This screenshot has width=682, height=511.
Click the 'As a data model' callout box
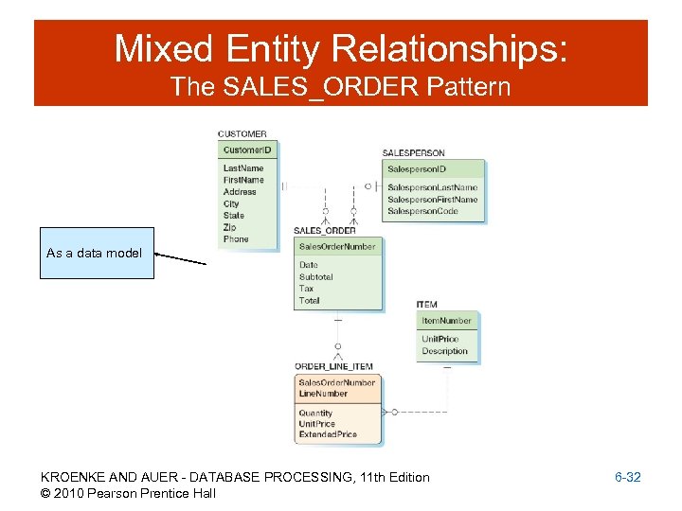click(x=96, y=253)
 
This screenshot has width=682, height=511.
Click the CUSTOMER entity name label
click(x=242, y=134)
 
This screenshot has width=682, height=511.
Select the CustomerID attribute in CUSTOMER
click(x=247, y=150)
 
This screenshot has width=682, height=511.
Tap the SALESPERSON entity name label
click(x=413, y=153)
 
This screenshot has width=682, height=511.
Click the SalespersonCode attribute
click(x=423, y=211)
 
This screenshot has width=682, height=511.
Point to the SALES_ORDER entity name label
click(x=325, y=231)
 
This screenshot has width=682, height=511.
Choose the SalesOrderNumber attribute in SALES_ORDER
click(x=337, y=246)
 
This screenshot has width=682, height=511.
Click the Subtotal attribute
click(x=315, y=277)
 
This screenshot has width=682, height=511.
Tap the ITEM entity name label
click(x=427, y=305)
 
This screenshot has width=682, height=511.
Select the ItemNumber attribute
click(x=446, y=321)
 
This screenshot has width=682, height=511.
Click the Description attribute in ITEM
click(x=444, y=351)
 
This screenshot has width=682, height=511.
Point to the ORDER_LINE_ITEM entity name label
click(x=333, y=366)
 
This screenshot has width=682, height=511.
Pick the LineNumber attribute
click(x=323, y=394)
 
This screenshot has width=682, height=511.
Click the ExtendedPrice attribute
click(x=328, y=434)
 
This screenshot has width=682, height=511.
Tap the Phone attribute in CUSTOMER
click(x=236, y=239)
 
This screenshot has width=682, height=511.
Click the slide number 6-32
click(x=628, y=478)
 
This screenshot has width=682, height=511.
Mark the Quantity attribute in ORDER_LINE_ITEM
click(x=315, y=414)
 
